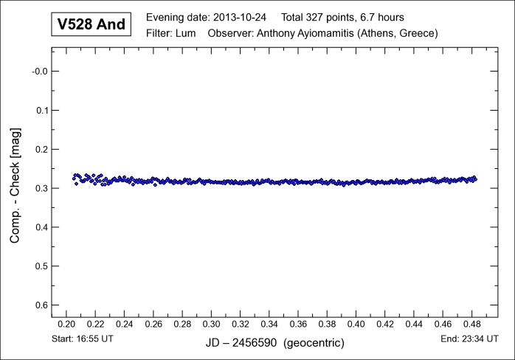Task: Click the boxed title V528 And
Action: click(92, 25)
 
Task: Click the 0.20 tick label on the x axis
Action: click(66, 324)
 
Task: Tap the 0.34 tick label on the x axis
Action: click(269, 324)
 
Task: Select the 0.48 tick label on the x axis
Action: click(471, 324)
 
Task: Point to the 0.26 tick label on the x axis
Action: click(153, 324)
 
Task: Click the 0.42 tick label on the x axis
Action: click(385, 324)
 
